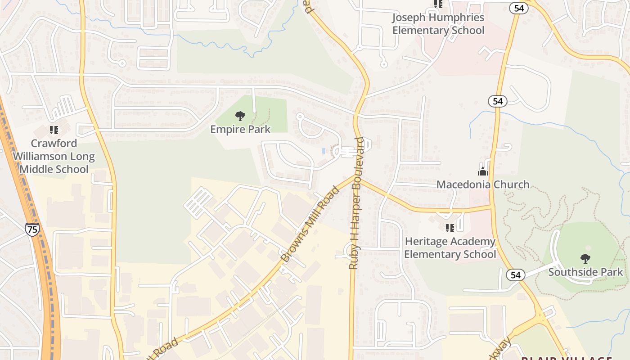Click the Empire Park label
tap(240, 130)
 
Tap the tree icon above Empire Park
tap(240, 116)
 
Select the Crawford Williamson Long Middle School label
tap(54, 156)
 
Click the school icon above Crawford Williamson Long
tap(54, 130)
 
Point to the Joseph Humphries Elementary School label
tap(438, 24)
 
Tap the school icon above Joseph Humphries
tap(438, 4)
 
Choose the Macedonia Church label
tap(483, 184)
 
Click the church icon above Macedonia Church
tap(483, 171)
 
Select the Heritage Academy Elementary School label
tap(450, 248)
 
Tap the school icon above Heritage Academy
tap(450, 228)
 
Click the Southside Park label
tap(585, 272)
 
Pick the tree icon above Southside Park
tap(585, 259)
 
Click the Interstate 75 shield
tap(32, 229)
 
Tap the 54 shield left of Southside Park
tap(515, 274)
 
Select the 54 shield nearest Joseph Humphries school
tap(519, 8)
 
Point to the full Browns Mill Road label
tap(310, 225)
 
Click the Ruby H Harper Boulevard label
tap(356, 203)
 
